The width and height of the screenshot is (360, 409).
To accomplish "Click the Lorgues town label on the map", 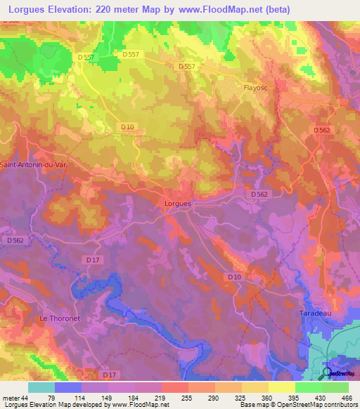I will click(x=177, y=203).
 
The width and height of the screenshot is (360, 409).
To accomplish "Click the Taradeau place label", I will click(x=314, y=311).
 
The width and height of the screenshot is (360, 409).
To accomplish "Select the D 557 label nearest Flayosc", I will click(x=186, y=66).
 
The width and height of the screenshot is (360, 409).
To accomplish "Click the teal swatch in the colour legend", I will click(x=41, y=387).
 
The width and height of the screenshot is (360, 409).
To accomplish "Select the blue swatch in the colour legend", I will click(x=67, y=387).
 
